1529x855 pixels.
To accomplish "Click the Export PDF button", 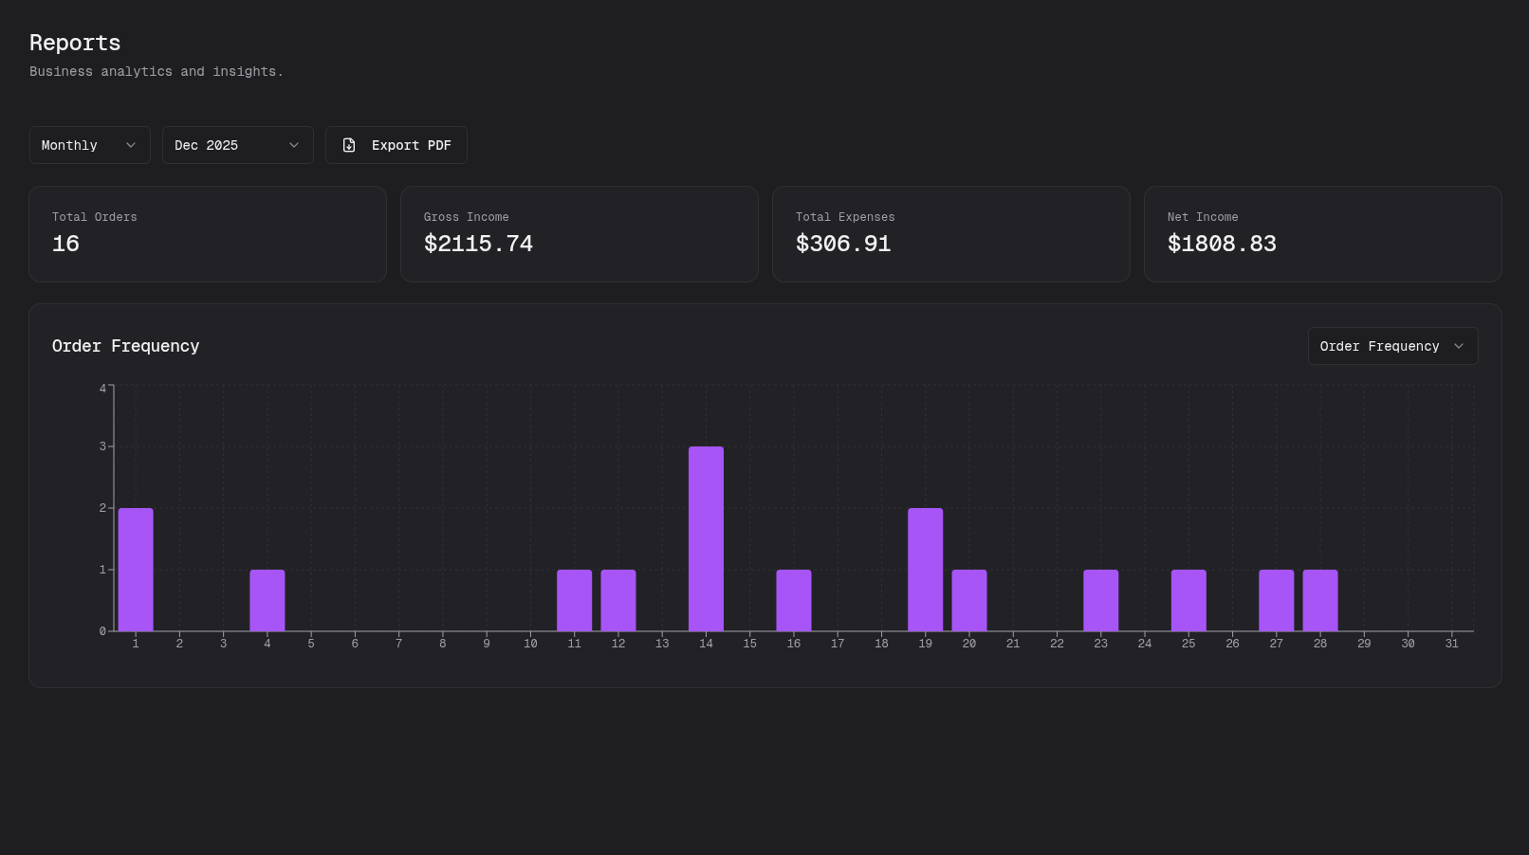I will pyautogui.click(x=396, y=145).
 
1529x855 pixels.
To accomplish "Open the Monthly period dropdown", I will pyautogui.click(x=89, y=145).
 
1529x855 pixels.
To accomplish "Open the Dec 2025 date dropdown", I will pyautogui.click(x=237, y=145).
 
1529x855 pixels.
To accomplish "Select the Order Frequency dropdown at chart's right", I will pyautogui.click(x=1391, y=346).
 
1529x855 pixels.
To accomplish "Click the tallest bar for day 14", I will pyautogui.click(x=706, y=538).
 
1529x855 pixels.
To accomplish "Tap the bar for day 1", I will pyautogui.click(x=136, y=569).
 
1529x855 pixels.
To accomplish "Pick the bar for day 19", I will pyautogui.click(x=925, y=569).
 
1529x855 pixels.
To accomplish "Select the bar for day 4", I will pyautogui.click(x=267, y=600).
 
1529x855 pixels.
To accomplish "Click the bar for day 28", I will pyautogui.click(x=1319, y=600).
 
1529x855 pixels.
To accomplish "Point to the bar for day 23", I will pyautogui.click(x=1100, y=600).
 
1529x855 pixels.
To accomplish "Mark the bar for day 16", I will pyautogui.click(x=794, y=600).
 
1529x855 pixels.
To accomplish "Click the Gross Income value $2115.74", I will pyautogui.click(x=478, y=244).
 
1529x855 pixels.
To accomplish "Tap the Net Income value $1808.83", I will pyautogui.click(x=1222, y=244).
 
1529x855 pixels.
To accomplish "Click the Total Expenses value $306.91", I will pyautogui.click(x=843, y=244).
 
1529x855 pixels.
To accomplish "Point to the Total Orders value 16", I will pyautogui.click(x=65, y=244).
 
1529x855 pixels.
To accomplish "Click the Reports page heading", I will pyautogui.click(x=75, y=43).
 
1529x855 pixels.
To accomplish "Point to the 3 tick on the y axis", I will pyautogui.click(x=102, y=446).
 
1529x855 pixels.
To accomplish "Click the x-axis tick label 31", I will pyautogui.click(x=1451, y=644).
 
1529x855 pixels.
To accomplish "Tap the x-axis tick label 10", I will pyautogui.click(x=530, y=644).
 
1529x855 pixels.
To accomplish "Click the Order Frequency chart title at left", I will pyautogui.click(x=125, y=346).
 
